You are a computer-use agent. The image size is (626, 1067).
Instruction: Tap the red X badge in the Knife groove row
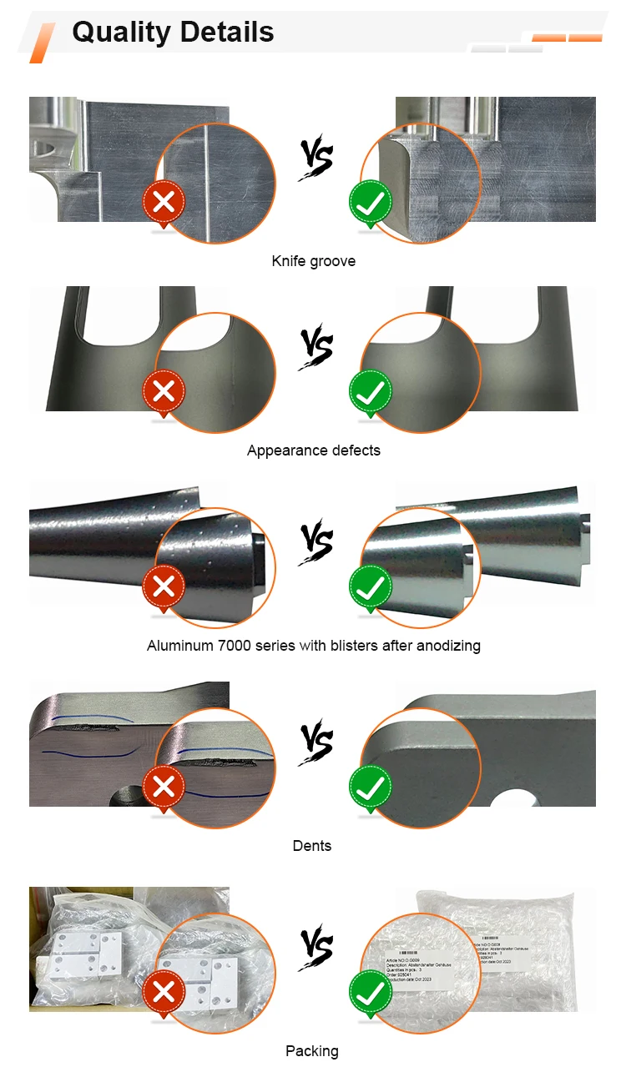coord(164,202)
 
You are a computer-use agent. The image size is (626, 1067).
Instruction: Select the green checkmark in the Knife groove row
coord(371,202)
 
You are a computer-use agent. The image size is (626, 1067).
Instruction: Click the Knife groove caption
coord(313,261)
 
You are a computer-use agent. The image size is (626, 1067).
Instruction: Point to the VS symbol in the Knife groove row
coord(316,159)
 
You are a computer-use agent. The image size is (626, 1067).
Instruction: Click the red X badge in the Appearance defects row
coord(164,391)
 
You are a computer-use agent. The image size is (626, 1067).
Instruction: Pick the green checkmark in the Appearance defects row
coord(371,391)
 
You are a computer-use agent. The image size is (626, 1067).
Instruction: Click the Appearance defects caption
coord(313,450)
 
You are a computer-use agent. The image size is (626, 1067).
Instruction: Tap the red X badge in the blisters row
coord(164,586)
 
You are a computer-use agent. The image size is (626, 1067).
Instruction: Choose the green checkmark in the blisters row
coord(371,586)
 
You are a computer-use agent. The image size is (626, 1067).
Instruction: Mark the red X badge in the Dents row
coord(164,787)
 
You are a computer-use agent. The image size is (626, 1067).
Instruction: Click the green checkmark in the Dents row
coord(371,787)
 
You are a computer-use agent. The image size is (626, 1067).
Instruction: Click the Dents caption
coord(312,846)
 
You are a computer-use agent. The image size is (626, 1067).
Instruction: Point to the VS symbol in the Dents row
coord(316,742)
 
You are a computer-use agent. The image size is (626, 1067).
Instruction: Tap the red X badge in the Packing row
coord(164,992)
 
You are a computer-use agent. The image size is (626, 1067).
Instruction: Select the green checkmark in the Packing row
coord(371,992)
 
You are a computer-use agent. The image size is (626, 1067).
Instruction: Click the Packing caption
coord(312,1051)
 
